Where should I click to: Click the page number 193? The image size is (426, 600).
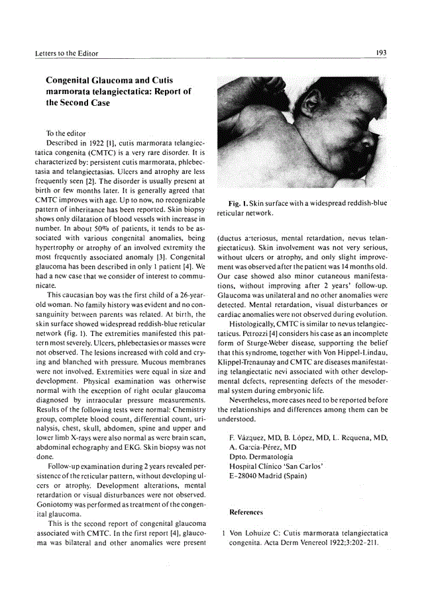pos(382,52)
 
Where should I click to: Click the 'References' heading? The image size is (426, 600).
pos(246,512)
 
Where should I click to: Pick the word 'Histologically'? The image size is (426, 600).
pos(254,327)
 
